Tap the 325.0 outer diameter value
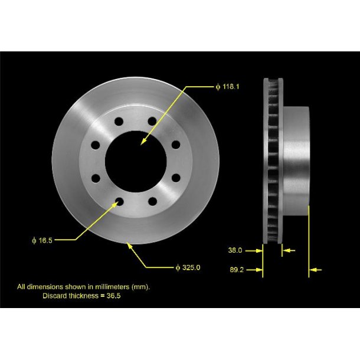tap(192, 267)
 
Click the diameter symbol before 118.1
tap(217, 87)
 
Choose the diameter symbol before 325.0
tap(178, 267)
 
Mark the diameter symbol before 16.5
tap(35, 240)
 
